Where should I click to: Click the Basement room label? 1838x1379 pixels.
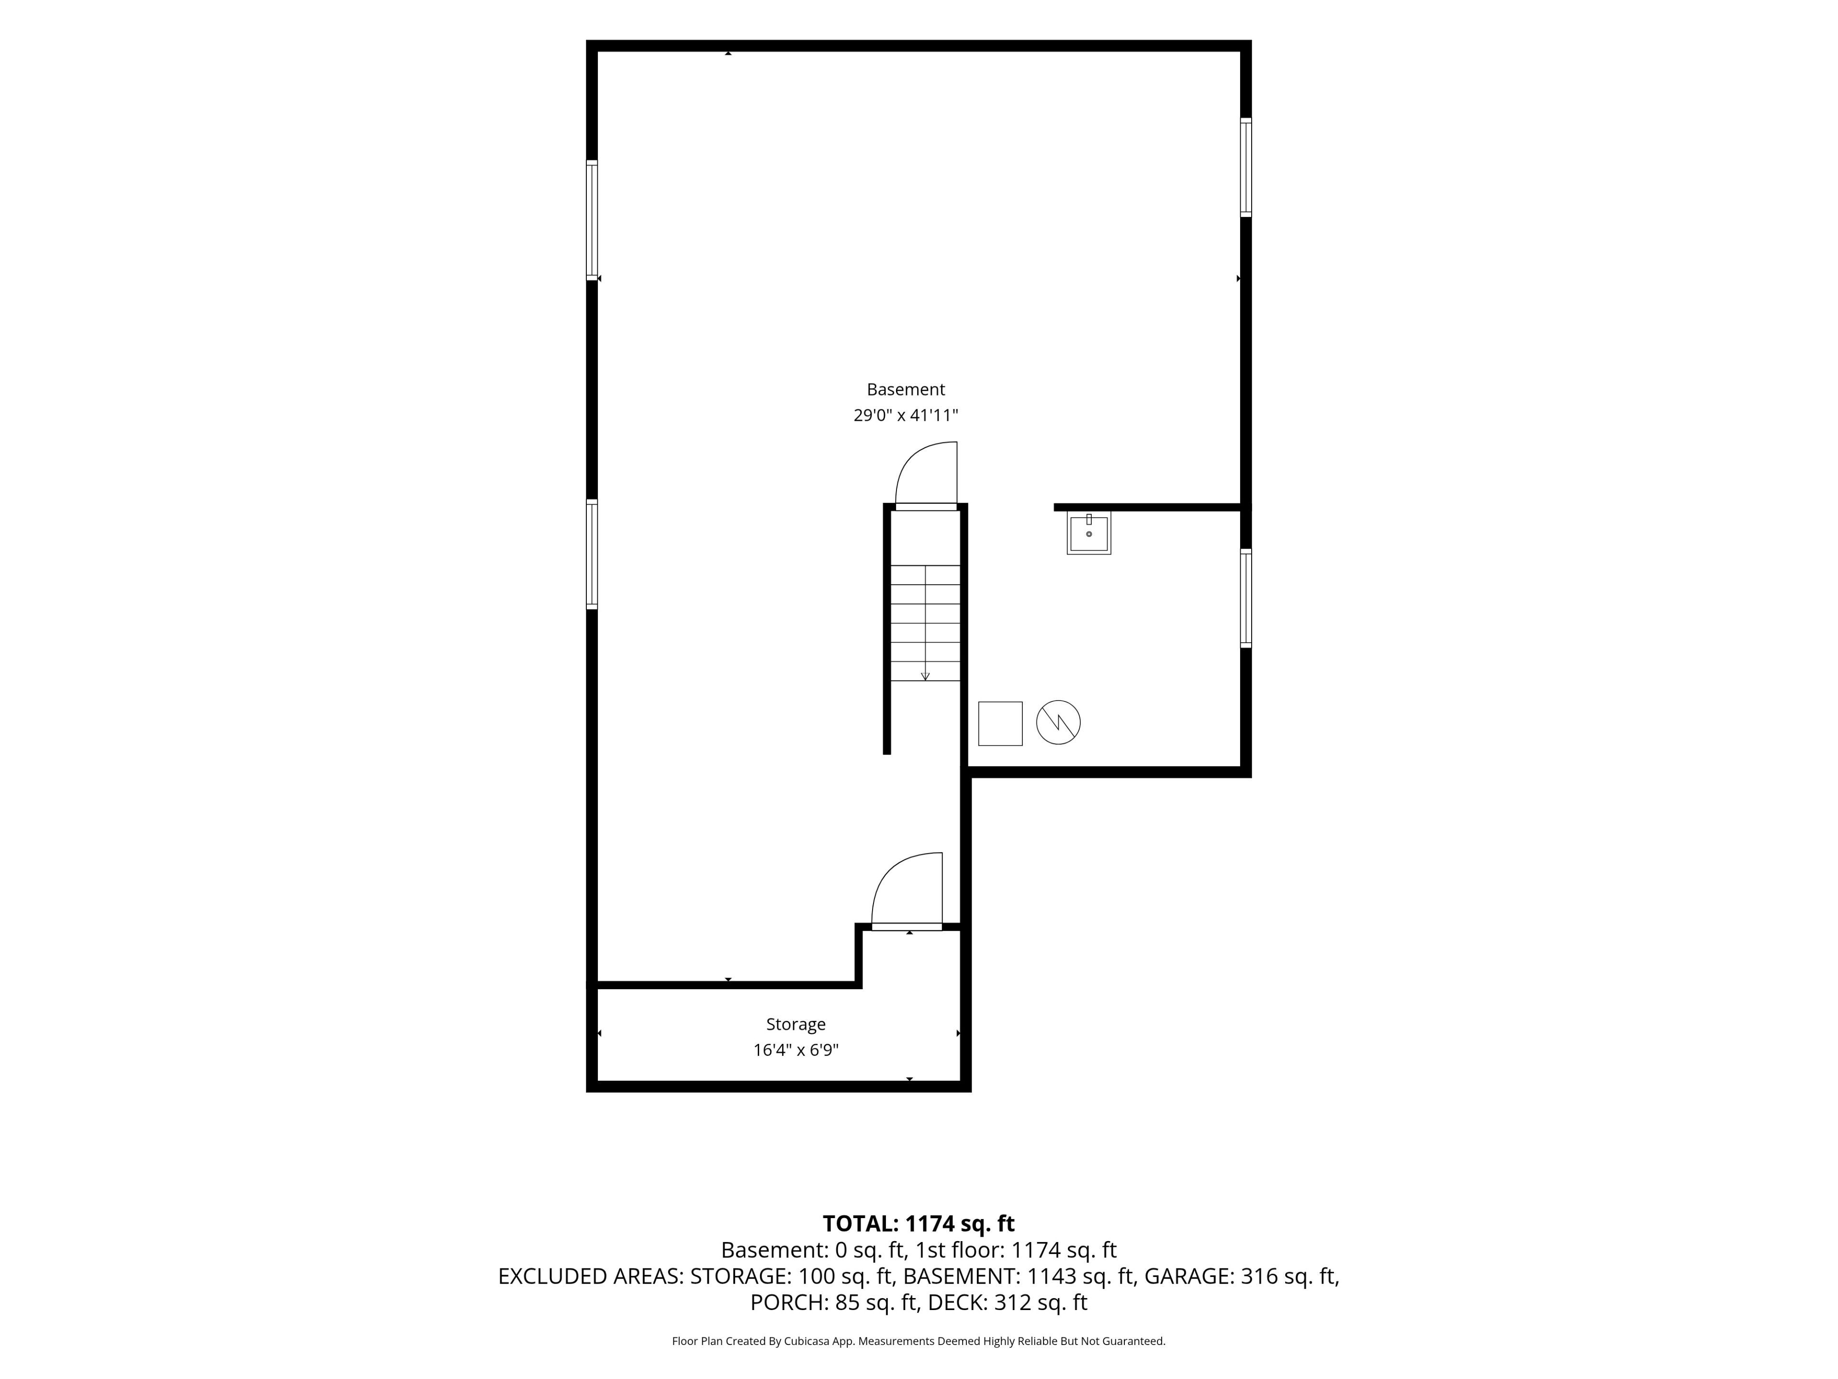click(906, 389)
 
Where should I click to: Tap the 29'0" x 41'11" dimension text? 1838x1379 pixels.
click(906, 415)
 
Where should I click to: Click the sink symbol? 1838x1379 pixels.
click(1088, 533)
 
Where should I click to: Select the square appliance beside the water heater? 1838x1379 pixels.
click(1000, 723)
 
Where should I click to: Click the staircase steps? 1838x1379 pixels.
click(926, 622)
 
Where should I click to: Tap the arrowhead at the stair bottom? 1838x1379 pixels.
click(926, 677)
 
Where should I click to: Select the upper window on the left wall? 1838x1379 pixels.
click(592, 219)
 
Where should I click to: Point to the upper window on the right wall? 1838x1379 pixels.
click(1245, 167)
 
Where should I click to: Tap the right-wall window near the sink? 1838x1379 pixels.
click(1245, 598)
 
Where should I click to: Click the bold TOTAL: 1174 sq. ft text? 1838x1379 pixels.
click(918, 1223)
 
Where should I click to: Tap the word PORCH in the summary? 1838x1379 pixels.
click(788, 1302)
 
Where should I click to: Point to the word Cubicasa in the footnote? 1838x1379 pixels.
click(807, 1341)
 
